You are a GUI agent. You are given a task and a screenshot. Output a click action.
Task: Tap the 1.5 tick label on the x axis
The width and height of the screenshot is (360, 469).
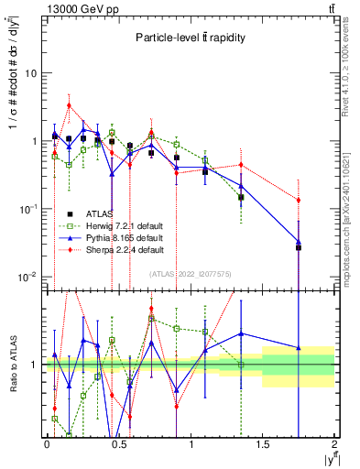pos(263,446)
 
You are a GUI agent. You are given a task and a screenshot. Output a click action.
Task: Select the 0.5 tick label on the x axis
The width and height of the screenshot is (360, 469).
pos(118,446)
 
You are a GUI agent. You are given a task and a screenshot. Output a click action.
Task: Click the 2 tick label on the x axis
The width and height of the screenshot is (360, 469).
pos(334,446)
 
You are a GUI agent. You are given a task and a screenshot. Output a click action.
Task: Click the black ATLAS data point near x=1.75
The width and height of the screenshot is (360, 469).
pos(299,247)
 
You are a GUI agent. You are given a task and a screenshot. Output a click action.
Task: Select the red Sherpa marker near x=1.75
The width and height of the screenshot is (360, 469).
pos(299,200)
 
